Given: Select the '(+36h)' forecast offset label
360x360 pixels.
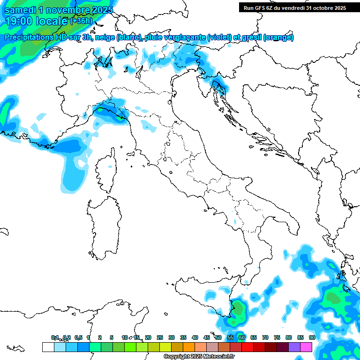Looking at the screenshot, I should pyautogui.click(x=81, y=21).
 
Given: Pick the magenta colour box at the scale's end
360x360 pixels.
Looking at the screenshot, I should pyautogui.click(x=306, y=347).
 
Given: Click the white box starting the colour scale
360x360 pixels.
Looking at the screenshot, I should pyautogui.click(x=48, y=347).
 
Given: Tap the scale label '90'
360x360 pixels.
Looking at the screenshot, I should pyautogui.click(x=312, y=338).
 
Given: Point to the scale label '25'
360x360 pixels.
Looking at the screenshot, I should pyautogui.click(x=160, y=338).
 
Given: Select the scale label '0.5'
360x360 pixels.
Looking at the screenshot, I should pyautogui.click(x=78, y=338).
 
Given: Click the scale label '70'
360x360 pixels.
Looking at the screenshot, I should pyautogui.click(x=265, y=338).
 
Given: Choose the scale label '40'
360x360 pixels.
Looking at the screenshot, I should pyautogui.click(x=195, y=338).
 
